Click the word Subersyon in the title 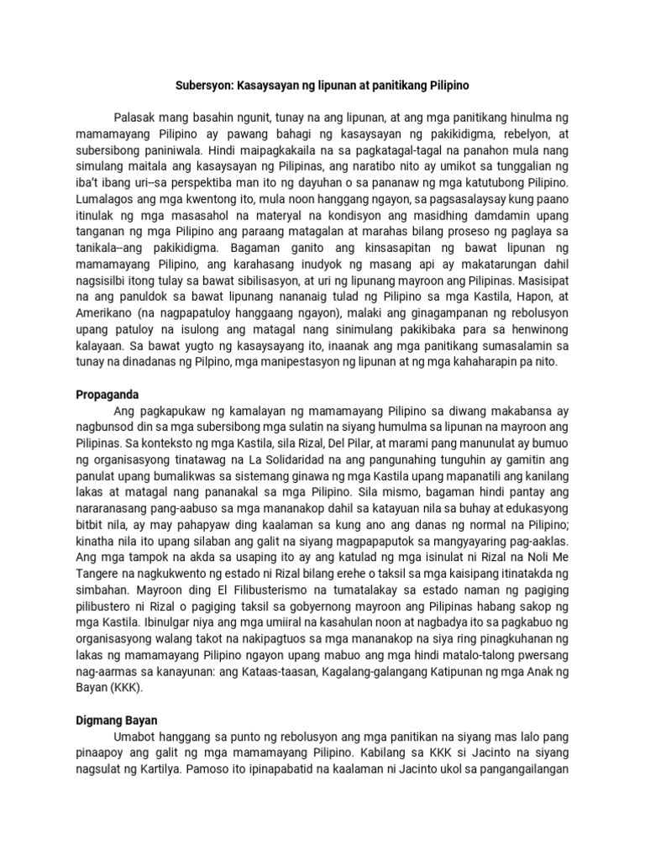point(204,86)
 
